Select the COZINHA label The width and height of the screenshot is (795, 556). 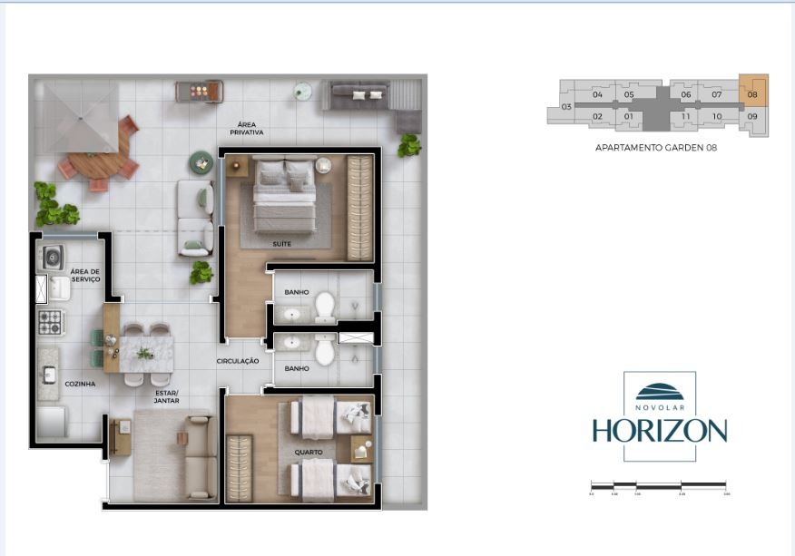[80, 384]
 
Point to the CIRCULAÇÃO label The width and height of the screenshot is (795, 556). [238, 361]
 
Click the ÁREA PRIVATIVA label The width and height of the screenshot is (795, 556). [250, 128]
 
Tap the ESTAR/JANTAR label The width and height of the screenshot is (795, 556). [166, 396]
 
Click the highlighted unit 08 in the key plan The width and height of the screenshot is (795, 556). [752, 92]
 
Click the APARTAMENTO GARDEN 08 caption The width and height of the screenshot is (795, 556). [655, 147]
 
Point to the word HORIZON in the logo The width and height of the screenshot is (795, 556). [660, 430]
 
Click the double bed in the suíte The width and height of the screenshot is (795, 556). [284, 196]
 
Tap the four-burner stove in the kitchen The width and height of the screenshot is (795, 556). [50, 320]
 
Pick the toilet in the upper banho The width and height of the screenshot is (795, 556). [323, 308]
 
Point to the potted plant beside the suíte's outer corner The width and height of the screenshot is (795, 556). [409, 144]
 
